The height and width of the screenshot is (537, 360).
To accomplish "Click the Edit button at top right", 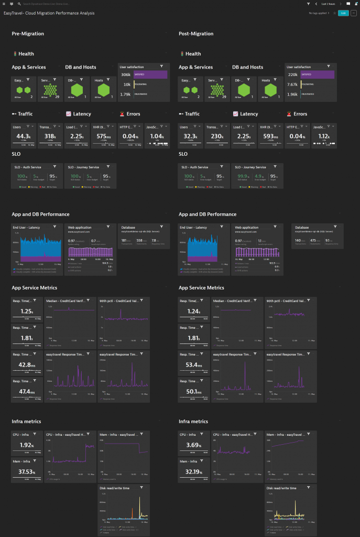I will point(343,13).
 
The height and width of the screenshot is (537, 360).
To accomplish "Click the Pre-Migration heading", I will point(28,34).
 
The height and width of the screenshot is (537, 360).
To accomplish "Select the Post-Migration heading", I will point(197,34).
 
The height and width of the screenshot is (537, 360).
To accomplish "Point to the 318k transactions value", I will point(49,136).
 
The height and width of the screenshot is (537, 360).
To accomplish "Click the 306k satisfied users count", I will point(126,75).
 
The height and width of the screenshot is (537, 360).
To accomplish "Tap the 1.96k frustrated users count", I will point(292,94).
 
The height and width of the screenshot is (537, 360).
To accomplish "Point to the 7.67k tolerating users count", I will point(292,84).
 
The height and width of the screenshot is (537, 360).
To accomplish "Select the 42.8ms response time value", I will point(25,364).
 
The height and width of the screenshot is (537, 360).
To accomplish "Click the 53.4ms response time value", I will point(192,364).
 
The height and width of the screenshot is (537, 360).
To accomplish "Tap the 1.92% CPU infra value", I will point(25,445).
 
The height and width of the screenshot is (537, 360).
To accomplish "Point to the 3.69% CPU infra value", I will point(192,445).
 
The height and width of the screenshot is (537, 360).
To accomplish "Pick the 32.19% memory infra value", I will point(192,472).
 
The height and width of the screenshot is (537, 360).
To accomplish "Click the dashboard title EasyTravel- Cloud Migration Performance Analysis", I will point(49,13).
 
